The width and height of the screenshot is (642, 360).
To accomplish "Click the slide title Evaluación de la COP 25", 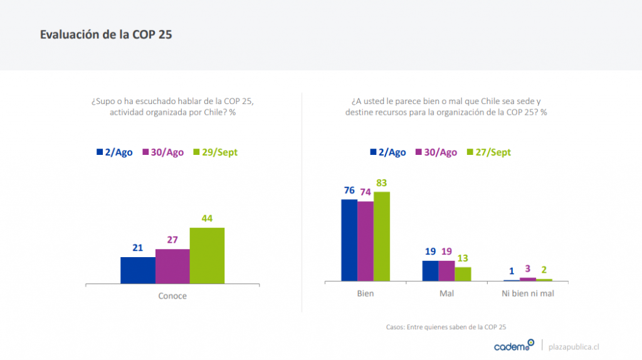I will tap(106, 34).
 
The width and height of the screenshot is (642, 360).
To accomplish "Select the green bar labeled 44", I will tap(207, 255).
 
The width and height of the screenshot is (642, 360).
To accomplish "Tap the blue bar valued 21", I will tap(138, 270).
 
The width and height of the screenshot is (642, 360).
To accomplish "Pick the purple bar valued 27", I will tap(172, 267).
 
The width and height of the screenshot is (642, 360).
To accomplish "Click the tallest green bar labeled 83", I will tap(382, 236).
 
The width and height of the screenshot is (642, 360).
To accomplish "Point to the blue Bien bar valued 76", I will tap(349, 240).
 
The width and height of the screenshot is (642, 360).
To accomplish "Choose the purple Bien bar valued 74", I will tap(366, 241).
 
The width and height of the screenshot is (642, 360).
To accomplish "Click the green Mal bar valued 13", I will tap(463, 274).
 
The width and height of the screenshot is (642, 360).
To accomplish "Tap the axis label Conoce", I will tap(172, 296).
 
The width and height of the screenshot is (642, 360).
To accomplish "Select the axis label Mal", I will tap(447, 294).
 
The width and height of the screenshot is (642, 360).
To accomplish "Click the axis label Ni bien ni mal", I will tap(528, 294).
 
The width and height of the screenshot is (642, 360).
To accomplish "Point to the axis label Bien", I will tap(366, 294).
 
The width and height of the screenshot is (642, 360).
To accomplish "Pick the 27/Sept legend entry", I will tap(489, 152).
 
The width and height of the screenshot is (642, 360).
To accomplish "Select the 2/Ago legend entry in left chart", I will tap(115, 152).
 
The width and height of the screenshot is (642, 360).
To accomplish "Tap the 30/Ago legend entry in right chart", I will tap(436, 152).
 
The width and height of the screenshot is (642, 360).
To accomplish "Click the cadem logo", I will tap(513, 346).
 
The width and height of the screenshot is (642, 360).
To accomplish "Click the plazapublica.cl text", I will tap(574, 346).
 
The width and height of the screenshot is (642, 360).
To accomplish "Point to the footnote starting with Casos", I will tap(446, 327).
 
